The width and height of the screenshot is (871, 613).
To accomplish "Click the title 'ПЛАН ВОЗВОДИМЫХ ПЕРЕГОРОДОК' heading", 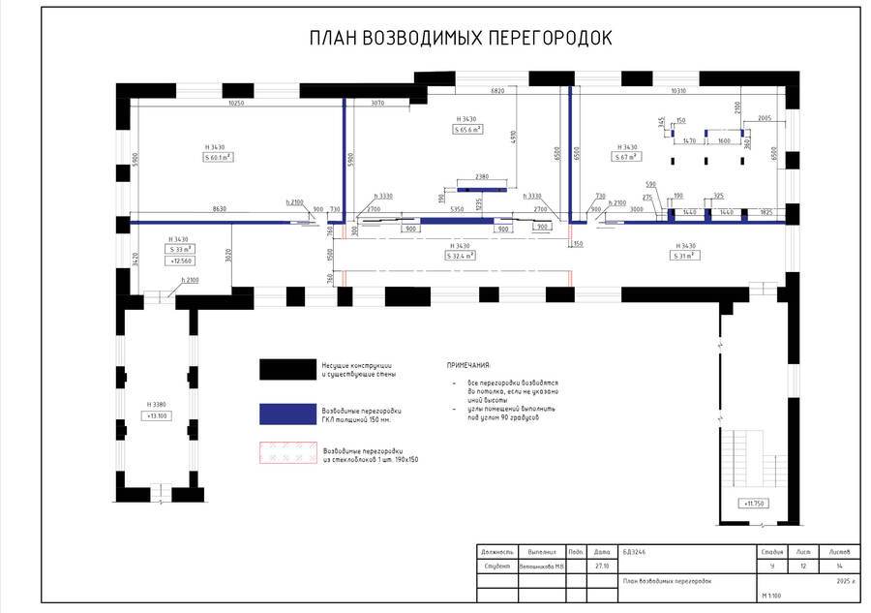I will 460,39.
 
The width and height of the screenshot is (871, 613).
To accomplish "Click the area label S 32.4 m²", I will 459,257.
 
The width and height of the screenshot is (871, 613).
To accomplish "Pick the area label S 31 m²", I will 685,256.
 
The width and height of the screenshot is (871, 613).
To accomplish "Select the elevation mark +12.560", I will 179,261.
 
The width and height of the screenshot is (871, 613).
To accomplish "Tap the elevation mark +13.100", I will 157,415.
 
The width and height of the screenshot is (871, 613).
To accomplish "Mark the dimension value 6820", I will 497,91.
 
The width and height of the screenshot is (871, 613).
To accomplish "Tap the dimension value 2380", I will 483,176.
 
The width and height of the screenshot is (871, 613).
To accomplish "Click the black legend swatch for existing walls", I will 288,369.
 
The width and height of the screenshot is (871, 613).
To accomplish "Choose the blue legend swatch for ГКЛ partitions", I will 288,414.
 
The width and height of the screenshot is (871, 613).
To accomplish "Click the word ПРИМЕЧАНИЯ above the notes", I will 468,365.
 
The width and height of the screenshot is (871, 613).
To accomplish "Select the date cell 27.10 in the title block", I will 602,567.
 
